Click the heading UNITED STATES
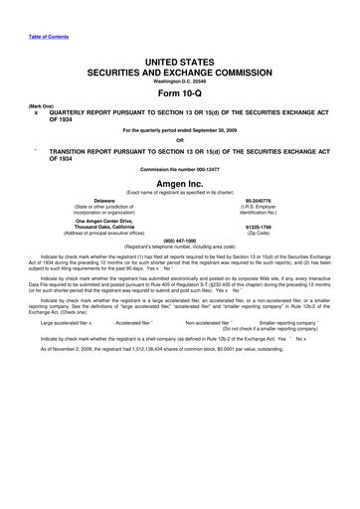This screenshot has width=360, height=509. click(x=180, y=62)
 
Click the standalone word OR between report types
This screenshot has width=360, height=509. click(x=180, y=138)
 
